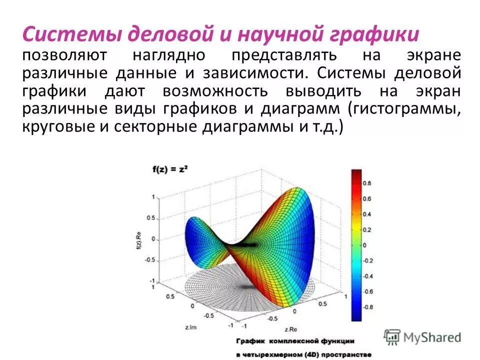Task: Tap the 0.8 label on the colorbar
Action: (366, 183)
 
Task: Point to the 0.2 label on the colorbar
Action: (366, 230)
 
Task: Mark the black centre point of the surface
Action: (250, 244)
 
